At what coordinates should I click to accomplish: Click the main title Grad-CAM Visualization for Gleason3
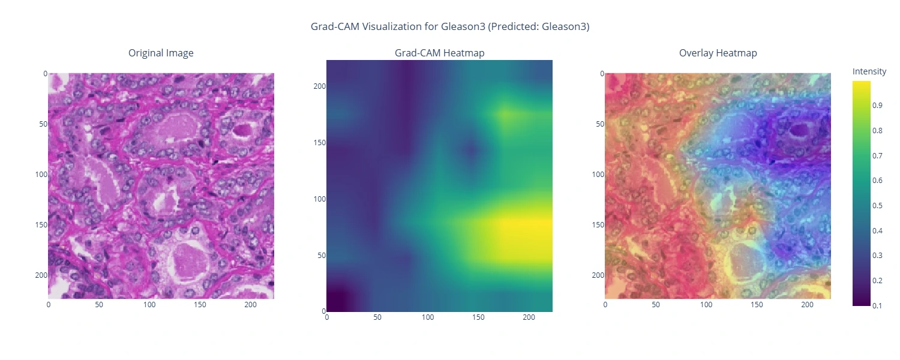(x=449, y=26)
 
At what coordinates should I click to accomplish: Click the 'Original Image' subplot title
(x=161, y=53)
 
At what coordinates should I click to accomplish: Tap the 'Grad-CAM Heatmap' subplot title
(x=439, y=53)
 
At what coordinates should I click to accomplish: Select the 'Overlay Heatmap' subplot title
(x=718, y=53)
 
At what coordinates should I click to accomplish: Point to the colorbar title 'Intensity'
(x=869, y=71)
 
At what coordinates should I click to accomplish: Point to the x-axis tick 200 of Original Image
(x=251, y=305)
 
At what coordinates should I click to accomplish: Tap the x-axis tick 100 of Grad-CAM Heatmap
(x=428, y=317)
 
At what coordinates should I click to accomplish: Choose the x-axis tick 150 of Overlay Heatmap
(x=757, y=305)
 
